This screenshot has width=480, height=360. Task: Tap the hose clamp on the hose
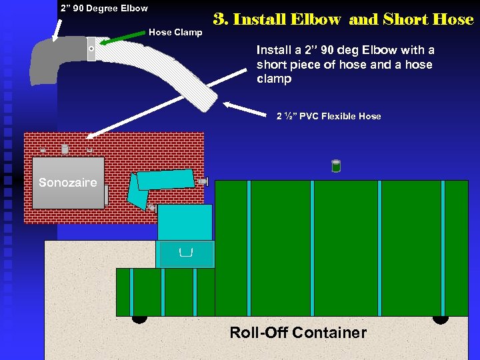pos(91,49)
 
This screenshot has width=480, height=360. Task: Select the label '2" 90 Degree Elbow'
pos(103,8)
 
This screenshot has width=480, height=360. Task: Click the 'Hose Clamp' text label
pos(175,32)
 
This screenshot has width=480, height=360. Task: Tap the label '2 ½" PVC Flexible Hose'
pos(329,116)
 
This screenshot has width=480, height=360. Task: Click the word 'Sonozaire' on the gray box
pos(67,183)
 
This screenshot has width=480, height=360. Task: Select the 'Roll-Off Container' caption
pos(297,333)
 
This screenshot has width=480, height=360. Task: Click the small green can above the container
pos(336,166)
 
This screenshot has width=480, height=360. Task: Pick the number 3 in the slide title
pos(219,19)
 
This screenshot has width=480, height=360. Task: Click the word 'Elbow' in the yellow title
pos(316,19)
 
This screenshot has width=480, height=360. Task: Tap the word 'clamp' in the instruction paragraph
pos(274,79)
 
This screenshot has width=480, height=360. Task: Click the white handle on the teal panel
pos(186,251)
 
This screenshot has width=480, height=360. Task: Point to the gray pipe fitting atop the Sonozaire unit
pos(65,149)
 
